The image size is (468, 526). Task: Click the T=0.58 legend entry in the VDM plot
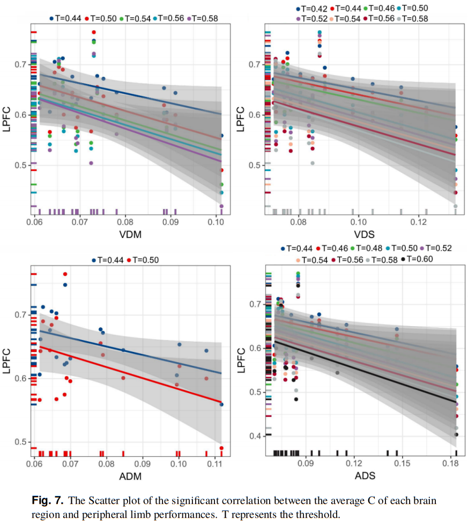[x=202, y=18]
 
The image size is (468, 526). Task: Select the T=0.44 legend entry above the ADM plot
[x=109, y=260]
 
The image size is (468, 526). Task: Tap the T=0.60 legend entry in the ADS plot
[x=420, y=259]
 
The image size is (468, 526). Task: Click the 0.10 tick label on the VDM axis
[x=216, y=221]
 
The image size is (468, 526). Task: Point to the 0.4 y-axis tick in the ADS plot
[x=255, y=436]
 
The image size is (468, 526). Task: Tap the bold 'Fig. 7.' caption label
[x=47, y=501]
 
